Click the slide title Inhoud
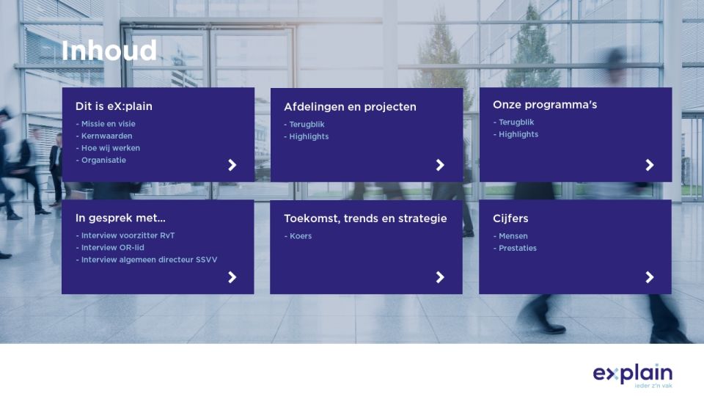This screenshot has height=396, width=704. [109, 51]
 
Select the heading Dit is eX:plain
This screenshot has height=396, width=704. [114, 106]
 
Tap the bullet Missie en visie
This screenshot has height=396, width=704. [106, 124]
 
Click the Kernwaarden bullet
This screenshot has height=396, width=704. [104, 136]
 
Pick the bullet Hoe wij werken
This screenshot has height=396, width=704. [108, 148]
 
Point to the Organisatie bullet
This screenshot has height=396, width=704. [101, 161]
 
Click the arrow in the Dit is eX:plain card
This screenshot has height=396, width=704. [232, 165]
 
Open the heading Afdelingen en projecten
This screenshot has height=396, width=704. [351, 107]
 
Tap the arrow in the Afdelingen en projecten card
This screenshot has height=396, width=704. [440, 165]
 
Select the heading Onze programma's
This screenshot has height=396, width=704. [545, 105]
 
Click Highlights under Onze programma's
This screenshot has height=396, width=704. [516, 134]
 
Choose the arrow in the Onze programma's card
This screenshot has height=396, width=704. [649, 165]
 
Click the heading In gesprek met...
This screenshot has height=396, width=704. [120, 219]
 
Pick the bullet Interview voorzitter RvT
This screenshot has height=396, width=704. [125, 235]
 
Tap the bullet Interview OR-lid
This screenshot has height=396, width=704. [110, 247]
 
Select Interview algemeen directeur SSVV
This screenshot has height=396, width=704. [147, 260]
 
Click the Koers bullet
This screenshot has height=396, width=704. [298, 236]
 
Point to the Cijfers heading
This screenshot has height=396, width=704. [510, 219]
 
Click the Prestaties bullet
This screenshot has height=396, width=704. [515, 249]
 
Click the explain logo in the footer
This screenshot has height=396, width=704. [633, 375]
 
